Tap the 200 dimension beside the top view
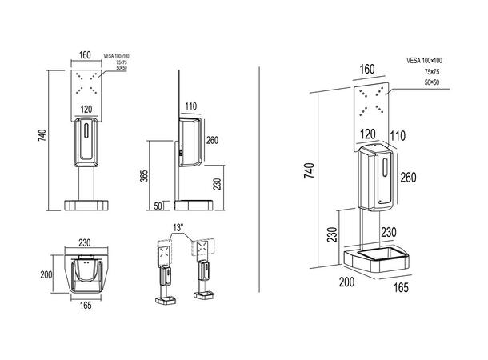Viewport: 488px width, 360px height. click(46, 274)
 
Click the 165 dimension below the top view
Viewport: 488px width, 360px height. click(86, 305)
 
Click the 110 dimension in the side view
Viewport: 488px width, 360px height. click(190, 105)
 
